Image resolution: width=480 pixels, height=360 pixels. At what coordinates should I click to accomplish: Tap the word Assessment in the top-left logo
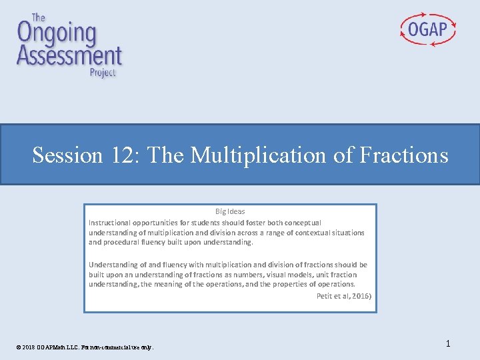69,55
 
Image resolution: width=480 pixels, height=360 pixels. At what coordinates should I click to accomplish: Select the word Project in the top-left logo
103,72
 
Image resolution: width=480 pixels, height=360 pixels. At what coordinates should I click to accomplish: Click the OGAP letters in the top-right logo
428,29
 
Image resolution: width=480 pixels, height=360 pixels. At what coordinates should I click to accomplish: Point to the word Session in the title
67,155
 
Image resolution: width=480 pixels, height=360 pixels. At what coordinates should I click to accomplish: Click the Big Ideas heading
230,211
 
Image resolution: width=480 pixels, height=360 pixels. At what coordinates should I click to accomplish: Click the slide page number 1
448,343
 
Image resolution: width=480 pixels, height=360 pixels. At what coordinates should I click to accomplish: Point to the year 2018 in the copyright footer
27,347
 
